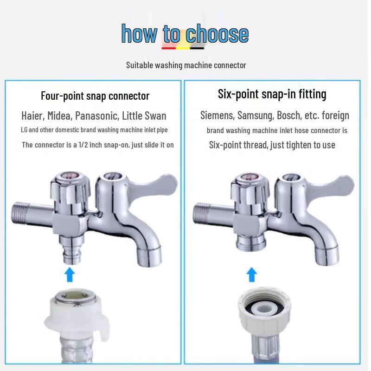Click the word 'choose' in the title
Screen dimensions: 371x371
[x=217, y=34]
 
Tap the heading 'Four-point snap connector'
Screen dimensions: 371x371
[x=95, y=96]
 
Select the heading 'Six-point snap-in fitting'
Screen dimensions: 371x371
[x=272, y=94]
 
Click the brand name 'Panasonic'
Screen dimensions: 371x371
[x=97, y=115]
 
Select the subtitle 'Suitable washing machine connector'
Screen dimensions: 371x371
[x=186, y=65]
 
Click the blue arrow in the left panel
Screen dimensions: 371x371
[x=69, y=275]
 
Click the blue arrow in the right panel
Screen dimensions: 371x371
[x=251, y=275]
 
